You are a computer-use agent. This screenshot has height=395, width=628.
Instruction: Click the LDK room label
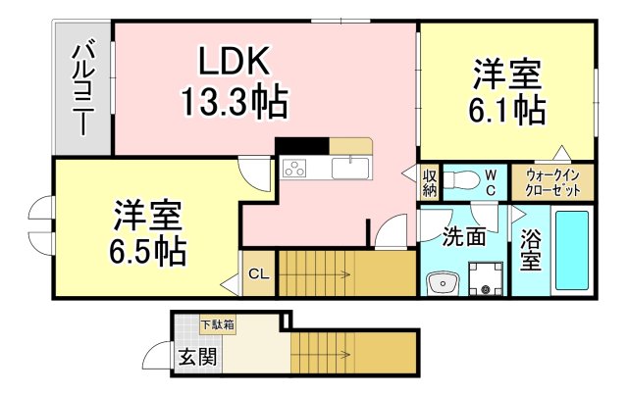click(x=235, y=62)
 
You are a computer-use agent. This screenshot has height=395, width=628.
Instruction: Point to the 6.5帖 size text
click(x=148, y=251)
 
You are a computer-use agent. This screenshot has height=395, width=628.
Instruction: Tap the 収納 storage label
click(x=430, y=182)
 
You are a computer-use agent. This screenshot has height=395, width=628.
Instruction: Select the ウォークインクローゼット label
click(x=558, y=182)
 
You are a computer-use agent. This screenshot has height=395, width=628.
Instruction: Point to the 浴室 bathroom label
click(x=530, y=250)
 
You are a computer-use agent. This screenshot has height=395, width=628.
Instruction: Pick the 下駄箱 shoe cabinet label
click(x=218, y=324)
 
